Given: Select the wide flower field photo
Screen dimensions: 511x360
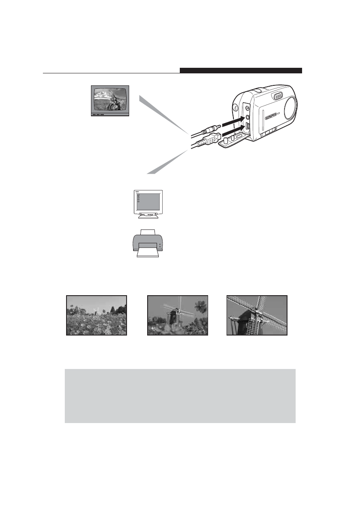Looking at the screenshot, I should point(97,315).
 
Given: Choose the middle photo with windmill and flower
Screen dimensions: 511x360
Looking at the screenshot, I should point(178,315).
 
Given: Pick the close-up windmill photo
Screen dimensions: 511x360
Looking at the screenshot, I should point(257,315).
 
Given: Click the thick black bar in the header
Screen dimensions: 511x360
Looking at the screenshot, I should point(241,71).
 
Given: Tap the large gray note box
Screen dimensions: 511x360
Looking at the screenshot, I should point(180,396).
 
